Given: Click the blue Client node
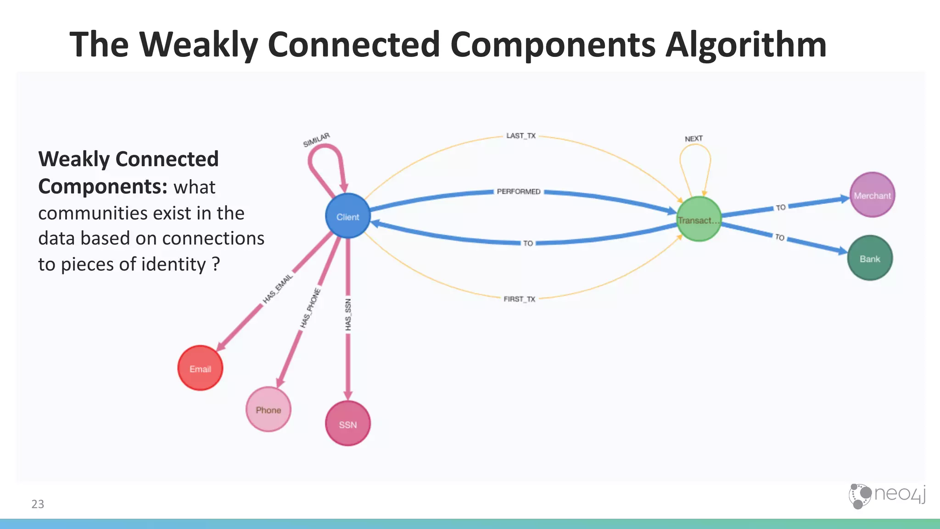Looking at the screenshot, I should tap(347, 216).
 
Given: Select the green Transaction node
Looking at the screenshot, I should tap(698, 219).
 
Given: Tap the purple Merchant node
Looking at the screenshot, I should tap(872, 195).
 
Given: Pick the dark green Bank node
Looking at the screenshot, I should tap(869, 258).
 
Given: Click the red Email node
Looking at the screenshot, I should tap(200, 368).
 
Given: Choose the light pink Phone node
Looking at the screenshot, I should tap(268, 410).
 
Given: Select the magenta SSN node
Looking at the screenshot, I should tap(347, 423).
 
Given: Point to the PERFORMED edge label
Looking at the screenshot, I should tap(518, 191).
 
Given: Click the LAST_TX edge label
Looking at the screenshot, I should tap(520, 136).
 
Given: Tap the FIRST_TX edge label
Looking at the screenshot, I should tap(519, 299).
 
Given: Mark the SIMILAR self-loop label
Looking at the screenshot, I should tap(316, 140).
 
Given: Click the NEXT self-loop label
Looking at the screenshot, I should tap(694, 139).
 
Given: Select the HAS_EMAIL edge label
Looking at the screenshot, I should tap(278, 289).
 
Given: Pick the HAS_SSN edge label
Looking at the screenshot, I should tap(348, 315).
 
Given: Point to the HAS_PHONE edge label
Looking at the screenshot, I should tap(311, 308).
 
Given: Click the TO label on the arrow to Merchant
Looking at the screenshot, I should tap(781, 208).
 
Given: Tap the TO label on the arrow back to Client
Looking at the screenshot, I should tap(528, 243).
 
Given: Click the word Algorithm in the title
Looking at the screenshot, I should tap(745, 45).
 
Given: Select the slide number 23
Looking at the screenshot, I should tap(38, 504).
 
